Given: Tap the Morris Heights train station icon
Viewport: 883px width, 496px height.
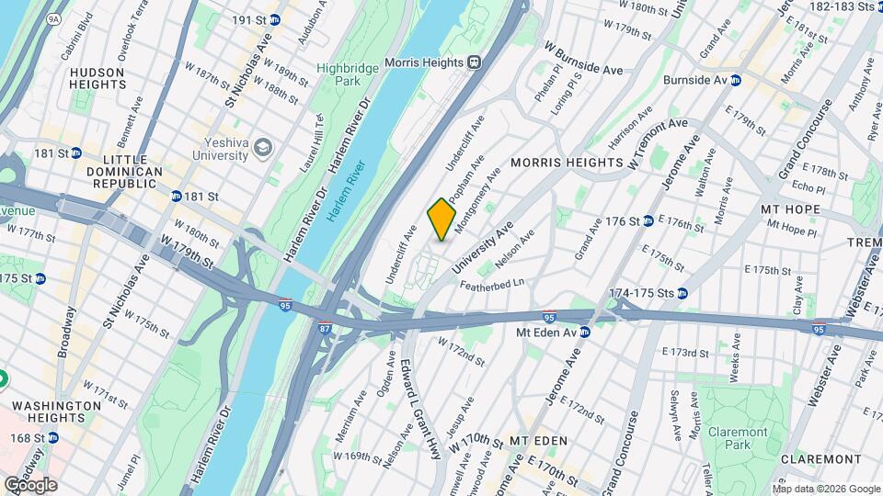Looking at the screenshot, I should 475,62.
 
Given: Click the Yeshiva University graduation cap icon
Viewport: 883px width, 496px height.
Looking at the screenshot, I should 264,148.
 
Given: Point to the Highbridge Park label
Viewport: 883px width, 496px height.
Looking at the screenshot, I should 340,74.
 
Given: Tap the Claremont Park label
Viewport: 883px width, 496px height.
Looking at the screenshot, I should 737,438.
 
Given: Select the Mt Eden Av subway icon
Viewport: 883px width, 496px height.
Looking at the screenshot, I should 584,332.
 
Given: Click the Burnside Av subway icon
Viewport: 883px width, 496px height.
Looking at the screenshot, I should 736,80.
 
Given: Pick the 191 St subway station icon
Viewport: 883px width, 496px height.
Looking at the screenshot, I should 275,19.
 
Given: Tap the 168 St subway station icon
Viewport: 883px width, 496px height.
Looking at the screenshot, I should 52,439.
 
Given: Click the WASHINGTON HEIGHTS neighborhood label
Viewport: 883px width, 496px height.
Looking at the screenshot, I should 57,411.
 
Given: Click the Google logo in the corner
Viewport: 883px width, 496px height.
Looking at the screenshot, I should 30,484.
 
